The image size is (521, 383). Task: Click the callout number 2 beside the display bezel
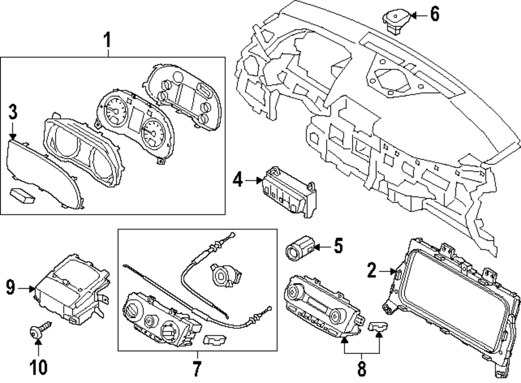tap(371, 270)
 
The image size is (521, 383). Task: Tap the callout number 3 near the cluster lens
tap(13, 111)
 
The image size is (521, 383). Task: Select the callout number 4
tap(238, 181)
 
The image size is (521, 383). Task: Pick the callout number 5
tap(338, 245)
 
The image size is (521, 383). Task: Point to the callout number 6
tap(435, 15)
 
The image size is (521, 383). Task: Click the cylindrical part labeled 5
tap(300, 249)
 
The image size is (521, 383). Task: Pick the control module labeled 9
tap(71, 289)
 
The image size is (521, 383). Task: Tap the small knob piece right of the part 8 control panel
tap(377, 327)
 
